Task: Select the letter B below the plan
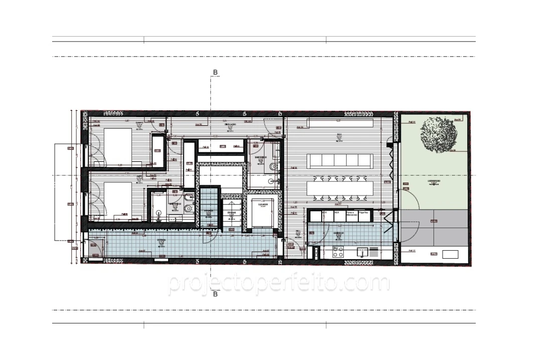pyautogui.click(x=215, y=294)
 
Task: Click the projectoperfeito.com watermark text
pyautogui.click(x=278, y=283)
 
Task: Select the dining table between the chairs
pyautogui.click(x=341, y=189)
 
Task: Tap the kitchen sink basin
pyautogui.click(x=361, y=252)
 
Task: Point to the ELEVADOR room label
pyautogui.click(x=262, y=205)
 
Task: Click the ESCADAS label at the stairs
pyautogui.click(x=231, y=213)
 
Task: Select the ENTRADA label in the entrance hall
pyautogui.click(x=162, y=240)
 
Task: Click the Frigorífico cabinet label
pyautogui.click(x=363, y=213)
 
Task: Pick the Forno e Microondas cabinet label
pyautogui.click(x=352, y=214)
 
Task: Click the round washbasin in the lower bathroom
pyautogui.click(x=160, y=213)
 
